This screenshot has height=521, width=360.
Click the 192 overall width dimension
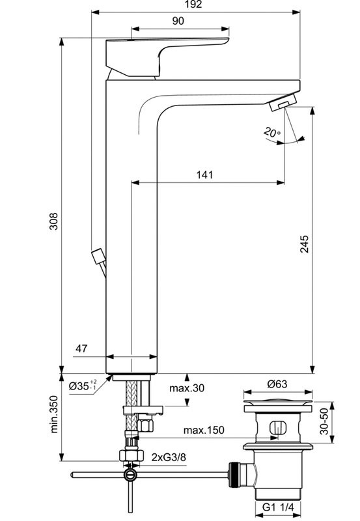pyautogui.click(x=193, y=5)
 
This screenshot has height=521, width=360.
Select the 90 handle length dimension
pyautogui.click(x=178, y=21)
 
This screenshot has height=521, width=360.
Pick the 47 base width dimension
pyautogui.click(x=81, y=349)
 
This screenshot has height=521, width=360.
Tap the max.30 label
pyautogui.click(x=187, y=389)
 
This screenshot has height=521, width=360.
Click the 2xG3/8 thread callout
pyautogui.click(x=169, y=457)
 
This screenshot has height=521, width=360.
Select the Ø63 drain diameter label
pyautogui.click(x=277, y=384)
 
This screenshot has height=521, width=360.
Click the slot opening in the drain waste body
pyautogui.click(x=277, y=429)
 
